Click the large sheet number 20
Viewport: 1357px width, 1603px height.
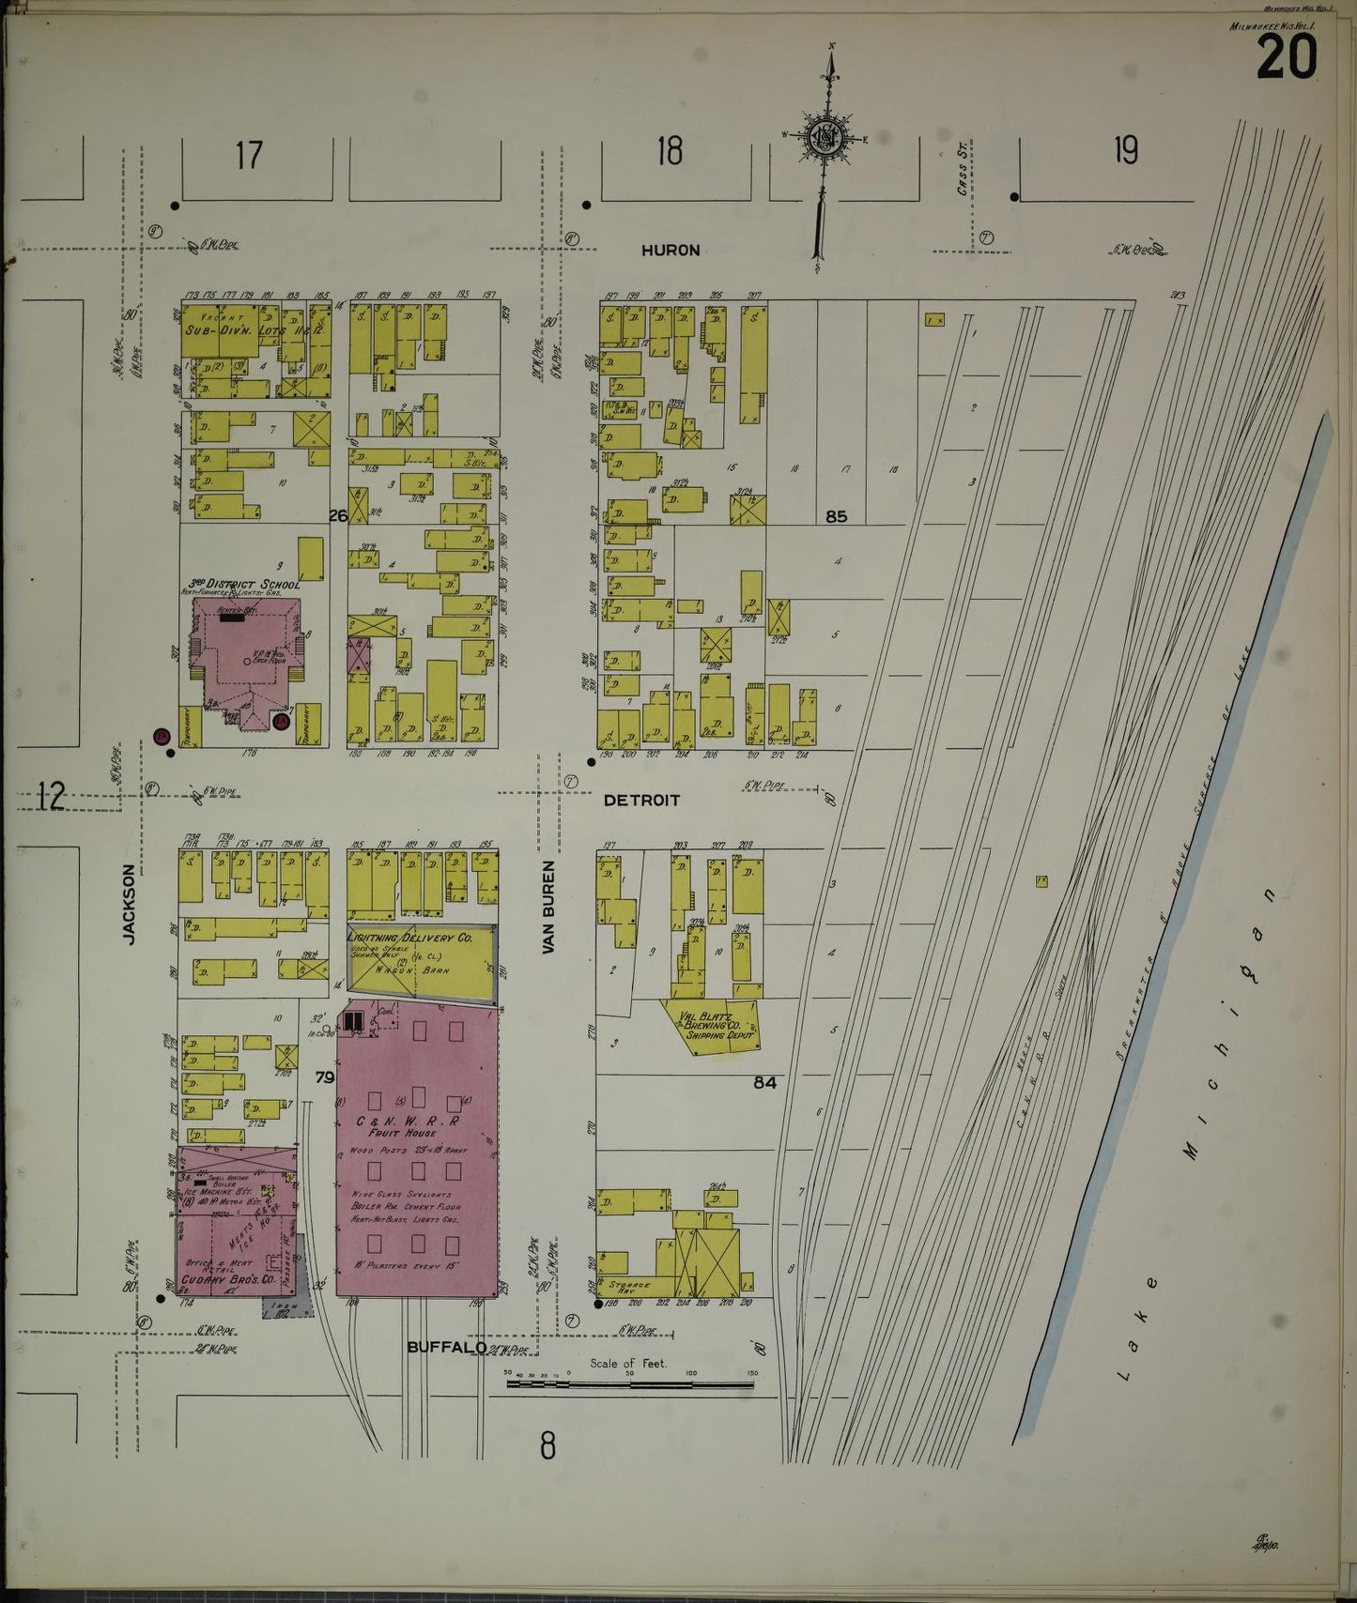click(x=1286, y=58)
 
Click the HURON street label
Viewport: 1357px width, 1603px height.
click(x=671, y=251)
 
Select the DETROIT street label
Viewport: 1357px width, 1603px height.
click(x=641, y=801)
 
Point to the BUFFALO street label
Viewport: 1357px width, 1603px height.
click(x=447, y=1347)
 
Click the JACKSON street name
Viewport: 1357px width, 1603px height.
click(x=129, y=904)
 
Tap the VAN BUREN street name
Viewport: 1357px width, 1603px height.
click(x=549, y=908)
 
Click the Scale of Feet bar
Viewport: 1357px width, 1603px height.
click(x=629, y=1383)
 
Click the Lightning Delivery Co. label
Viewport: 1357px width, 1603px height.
click(x=410, y=938)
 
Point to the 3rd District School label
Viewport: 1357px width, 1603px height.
click(x=243, y=584)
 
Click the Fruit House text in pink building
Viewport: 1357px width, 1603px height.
click(x=407, y=1133)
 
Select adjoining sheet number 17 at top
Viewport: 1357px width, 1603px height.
click(x=249, y=156)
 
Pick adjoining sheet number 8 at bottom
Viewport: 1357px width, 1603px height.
click(x=547, y=1445)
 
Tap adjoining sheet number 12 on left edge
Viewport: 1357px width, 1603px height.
click(x=52, y=796)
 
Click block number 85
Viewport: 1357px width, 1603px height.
click(x=836, y=516)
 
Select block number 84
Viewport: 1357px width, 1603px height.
click(x=764, y=1082)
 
